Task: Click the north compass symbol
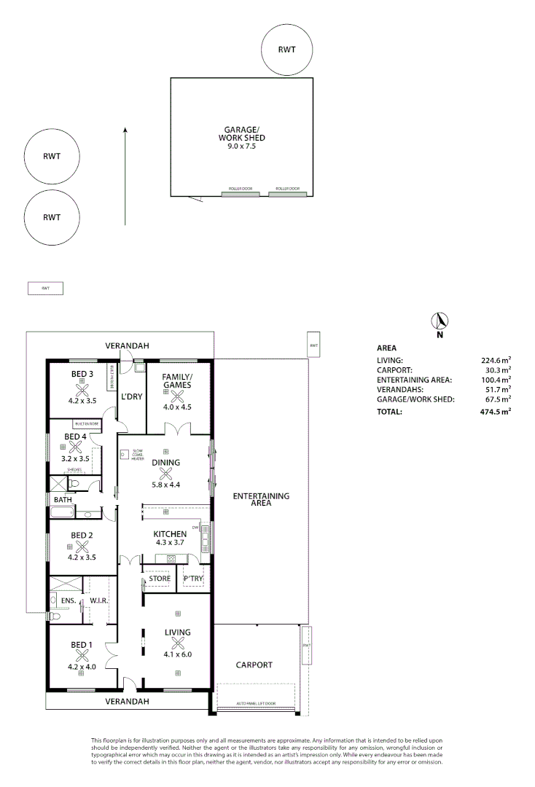click(x=440, y=321)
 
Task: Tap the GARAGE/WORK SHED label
click(x=241, y=133)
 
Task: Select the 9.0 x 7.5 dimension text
click(x=241, y=146)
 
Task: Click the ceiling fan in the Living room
click(x=178, y=643)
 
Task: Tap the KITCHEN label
click(x=170, y=534)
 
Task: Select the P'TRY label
click(x=193, y=579)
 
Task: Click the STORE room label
click(x=159, y=579)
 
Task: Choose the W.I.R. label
click(x=98, y=602)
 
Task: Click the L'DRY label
click(x=131, y=396)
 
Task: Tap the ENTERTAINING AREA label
click(x=260, y=499)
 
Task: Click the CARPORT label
click(x=254, y=665)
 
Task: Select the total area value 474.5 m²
click(x=495, y=412)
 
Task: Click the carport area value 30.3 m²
click(x=496, y=370)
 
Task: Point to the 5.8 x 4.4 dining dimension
click(x=165, y=483)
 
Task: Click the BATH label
click(x=62, y=500)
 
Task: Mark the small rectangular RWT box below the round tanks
click(x=45, y=289)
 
